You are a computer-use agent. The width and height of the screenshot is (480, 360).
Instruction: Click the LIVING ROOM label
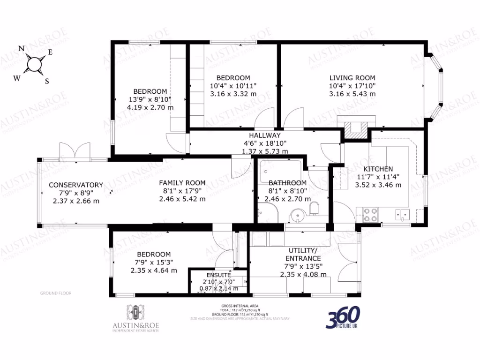[352, 78]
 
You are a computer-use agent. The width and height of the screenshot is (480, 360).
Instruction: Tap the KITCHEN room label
[378, 169]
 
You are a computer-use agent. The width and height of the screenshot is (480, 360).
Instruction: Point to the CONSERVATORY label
[75, 185]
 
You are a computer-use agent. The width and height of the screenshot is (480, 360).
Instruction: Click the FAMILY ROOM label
[182, 183]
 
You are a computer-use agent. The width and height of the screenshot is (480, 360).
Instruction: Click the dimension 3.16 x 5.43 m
[352, 94]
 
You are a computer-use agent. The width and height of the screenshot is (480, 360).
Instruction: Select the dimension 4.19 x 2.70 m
[150, 107]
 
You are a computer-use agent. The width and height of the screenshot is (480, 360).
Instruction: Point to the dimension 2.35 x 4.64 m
[154, 270]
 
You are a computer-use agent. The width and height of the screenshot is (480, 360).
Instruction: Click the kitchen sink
[402, 215]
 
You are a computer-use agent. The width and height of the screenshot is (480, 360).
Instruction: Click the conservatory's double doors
[75, 151]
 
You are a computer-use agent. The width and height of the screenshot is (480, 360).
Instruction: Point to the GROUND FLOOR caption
[55, 293]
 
